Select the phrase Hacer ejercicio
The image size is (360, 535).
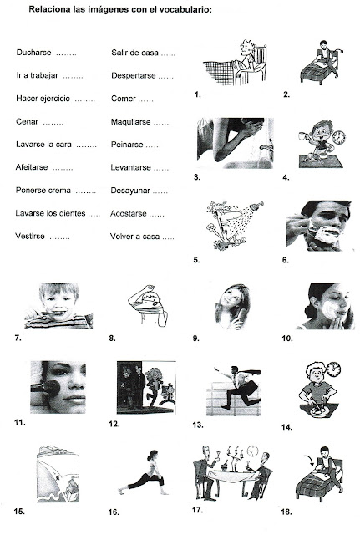point(44,99)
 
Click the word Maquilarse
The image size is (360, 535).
point(132,122)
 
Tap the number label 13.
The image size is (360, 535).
point(198,425)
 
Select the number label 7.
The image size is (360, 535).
point(18,339)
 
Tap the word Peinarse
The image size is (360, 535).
point(129,145)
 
